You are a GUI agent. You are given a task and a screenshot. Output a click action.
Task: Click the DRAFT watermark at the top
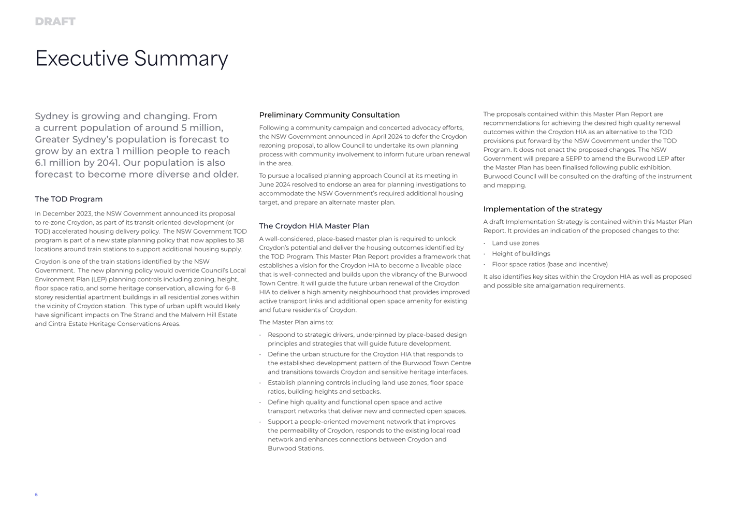click(x=55, y=22)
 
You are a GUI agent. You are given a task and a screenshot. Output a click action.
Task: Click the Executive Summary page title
click(x=132, y=59)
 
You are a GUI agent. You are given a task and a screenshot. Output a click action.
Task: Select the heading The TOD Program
click(x=68, y=199)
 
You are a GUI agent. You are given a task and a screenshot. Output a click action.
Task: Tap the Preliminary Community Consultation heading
click(x=329, y=115)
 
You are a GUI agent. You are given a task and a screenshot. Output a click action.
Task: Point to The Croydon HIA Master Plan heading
click(x=314, y=226)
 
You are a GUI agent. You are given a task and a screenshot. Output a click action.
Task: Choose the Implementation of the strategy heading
click(x=543, y=209)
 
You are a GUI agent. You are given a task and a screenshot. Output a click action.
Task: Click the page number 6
click(x=36, y=495)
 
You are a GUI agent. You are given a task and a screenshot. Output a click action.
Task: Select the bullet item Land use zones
click(x=515, y=243)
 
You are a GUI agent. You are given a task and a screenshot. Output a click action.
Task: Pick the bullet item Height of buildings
click(x=521, y=254)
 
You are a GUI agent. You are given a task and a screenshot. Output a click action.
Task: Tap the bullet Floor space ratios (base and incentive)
click(x=549, y=264)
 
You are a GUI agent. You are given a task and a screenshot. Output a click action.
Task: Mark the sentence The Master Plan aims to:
click(x=296, y=322)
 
